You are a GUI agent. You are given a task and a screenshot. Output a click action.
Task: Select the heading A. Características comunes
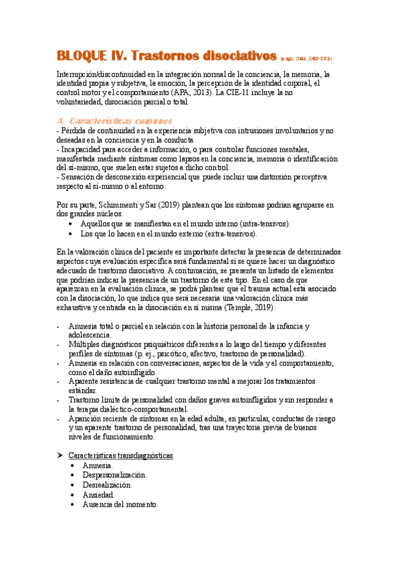click(x=116, y=121)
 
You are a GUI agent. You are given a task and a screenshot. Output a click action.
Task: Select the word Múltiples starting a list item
click(x=86, y=345)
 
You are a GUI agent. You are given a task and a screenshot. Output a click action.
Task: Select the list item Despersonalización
click(x=114, y=475)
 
